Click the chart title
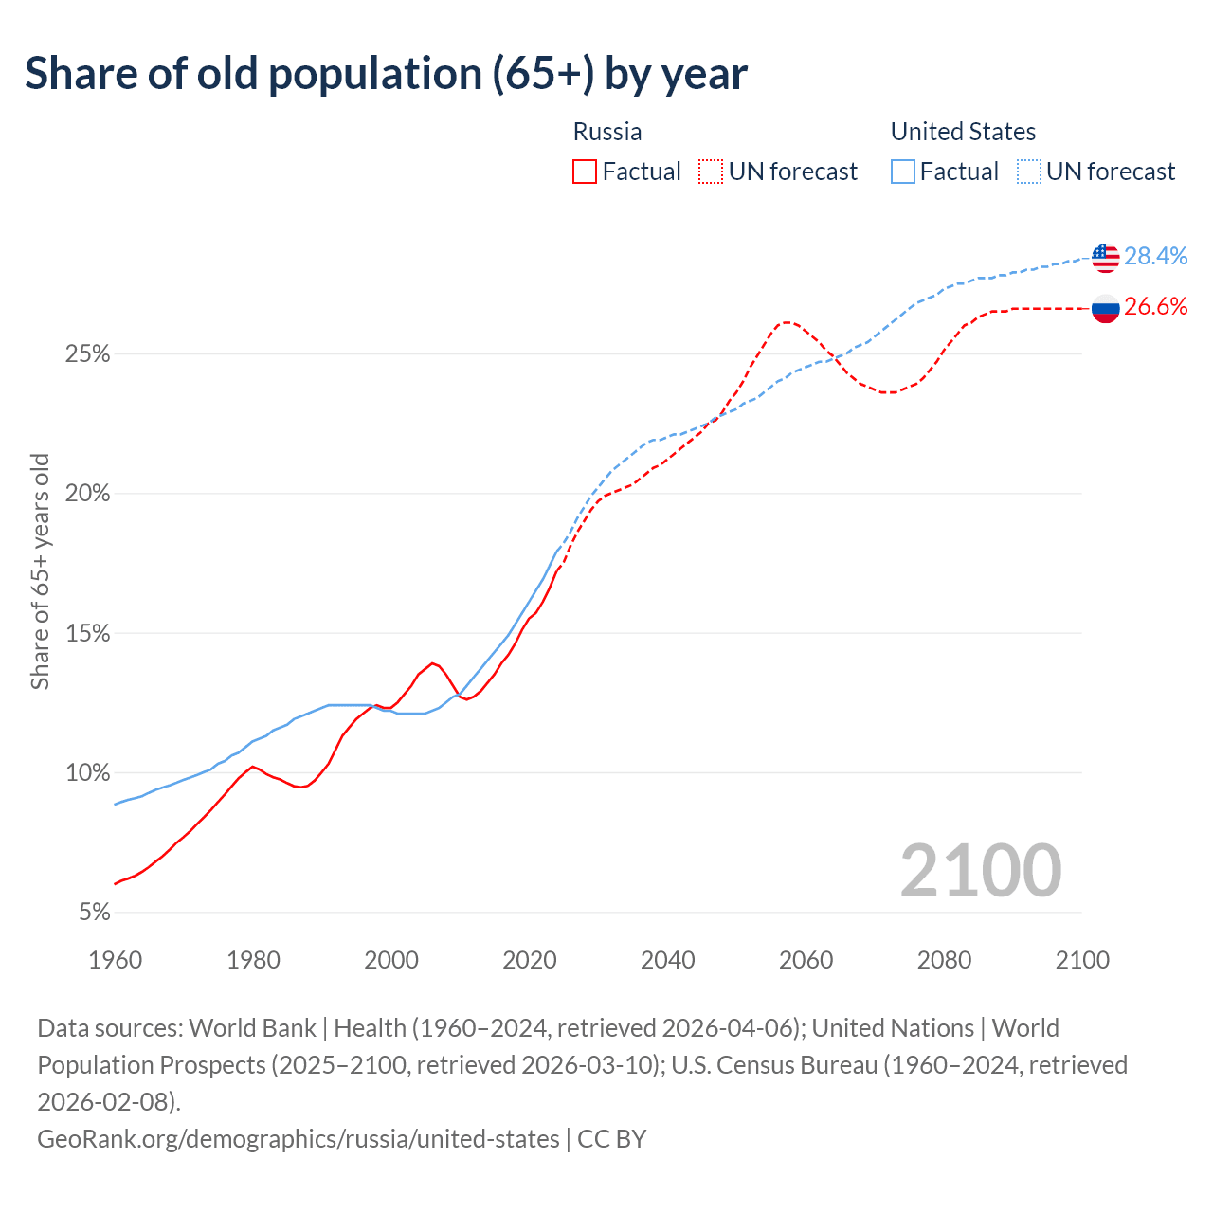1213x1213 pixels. point(386,74)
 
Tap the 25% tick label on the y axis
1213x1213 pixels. point(88,354)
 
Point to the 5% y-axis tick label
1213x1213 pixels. point(94,913)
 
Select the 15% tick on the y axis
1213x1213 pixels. point(88,633)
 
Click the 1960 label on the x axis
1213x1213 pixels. point(116,960)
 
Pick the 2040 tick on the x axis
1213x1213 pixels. point(668,960)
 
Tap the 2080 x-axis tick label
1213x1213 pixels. point(944,960)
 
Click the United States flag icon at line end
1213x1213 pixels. point(1105,257)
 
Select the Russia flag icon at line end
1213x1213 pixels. point(1105,308)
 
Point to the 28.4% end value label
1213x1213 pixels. point(1155,256)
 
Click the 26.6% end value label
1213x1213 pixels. point(1155,306)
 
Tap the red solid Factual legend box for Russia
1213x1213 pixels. point(585,172)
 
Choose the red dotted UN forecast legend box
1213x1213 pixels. point(711,172)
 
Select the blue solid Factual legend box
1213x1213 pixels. point(903,172)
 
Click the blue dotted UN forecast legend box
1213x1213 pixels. point(1028,172)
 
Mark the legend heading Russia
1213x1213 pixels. point(607,132)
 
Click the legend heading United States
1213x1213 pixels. point(963,132)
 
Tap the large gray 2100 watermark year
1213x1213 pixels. point(980,870)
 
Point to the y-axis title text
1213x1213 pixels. point(40,571)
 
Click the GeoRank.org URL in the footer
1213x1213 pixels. point(299,1138)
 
